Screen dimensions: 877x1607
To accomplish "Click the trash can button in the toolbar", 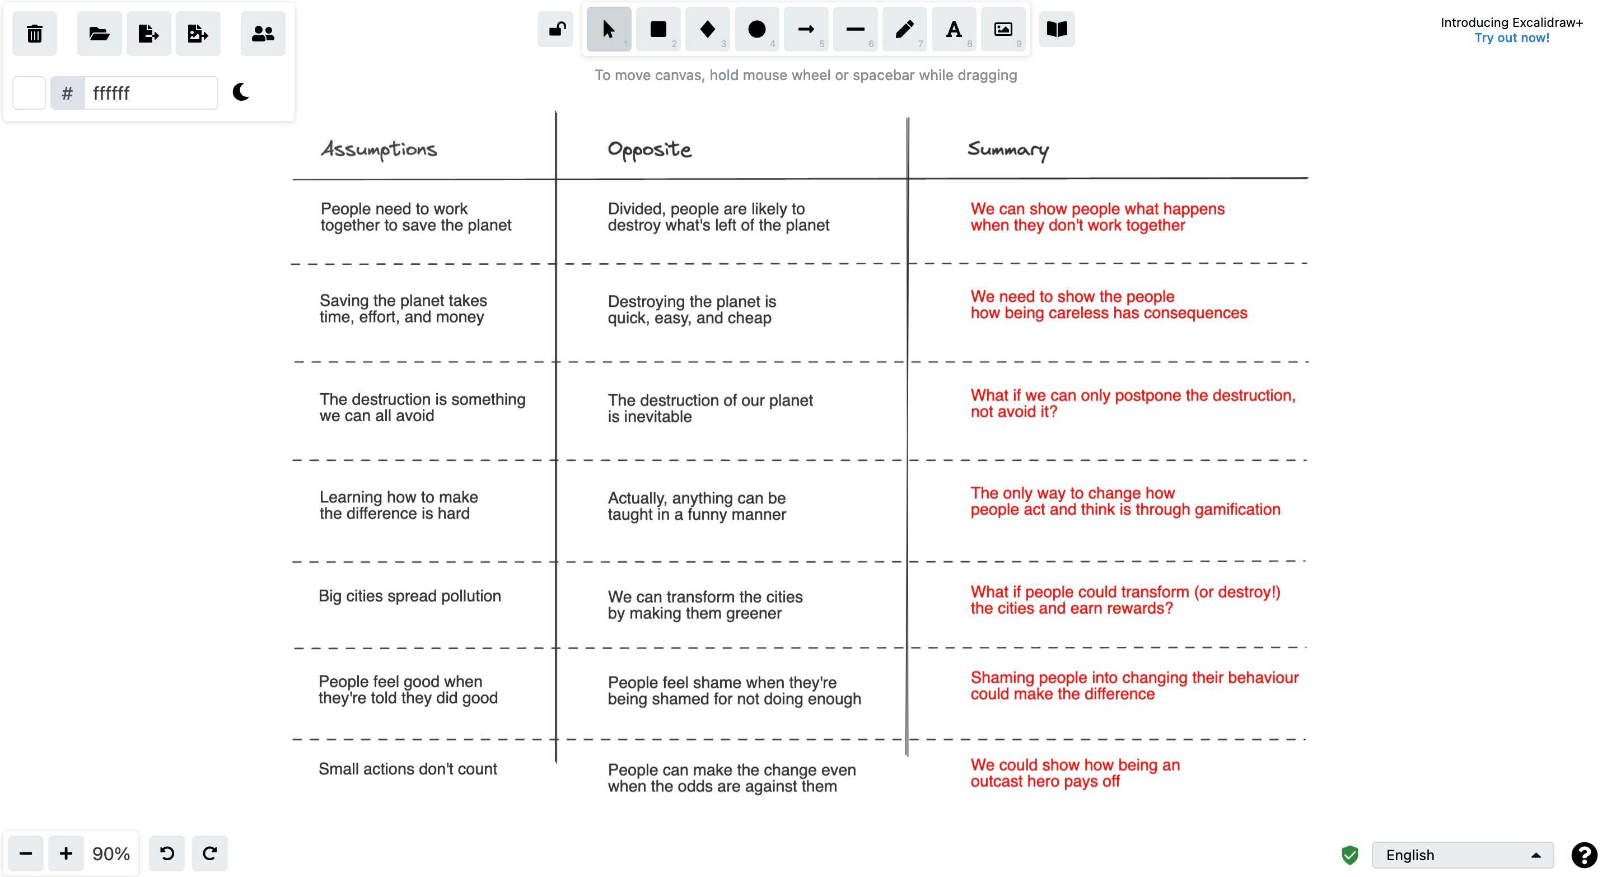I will click(x=34, y=33).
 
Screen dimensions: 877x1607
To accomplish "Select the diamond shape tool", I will click(x=707, y=29).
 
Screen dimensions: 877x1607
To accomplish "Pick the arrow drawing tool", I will click(x=805, y=29).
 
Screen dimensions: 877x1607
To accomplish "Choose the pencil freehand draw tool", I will click(x=904, y=29).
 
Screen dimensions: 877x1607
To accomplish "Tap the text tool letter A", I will click(x=953, y=29).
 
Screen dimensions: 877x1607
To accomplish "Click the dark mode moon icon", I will click(x=241, y=92).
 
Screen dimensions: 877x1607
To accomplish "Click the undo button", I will click(x=166, y=853).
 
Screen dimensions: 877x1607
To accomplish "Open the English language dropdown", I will click(x=1461, y=855).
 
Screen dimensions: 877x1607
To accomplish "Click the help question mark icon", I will click(x=1583, y=855).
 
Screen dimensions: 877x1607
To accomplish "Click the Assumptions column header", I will click(x=379, y=150).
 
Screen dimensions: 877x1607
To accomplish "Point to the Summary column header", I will click(x=1007, y=150).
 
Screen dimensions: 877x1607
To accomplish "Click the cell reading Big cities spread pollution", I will click(x=409, y=596).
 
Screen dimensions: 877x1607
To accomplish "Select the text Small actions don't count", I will click(x=408, y=769).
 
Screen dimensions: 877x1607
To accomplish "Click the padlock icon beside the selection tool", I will click(x=557, y=29).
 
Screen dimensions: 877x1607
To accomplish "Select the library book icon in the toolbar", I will click(x=1056, y=29).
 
